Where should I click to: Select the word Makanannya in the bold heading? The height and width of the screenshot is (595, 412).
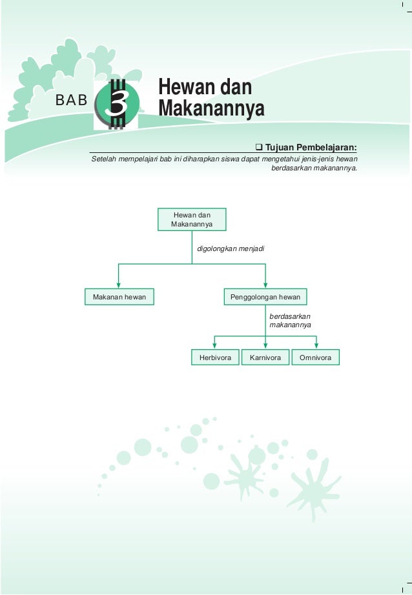[x=211, y=108]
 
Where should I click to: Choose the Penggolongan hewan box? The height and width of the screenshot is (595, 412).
[x=265, y=297]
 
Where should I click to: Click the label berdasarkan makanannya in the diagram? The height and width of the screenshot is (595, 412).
[x=290, y=321]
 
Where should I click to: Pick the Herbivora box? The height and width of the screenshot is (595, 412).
[x=215, y=358]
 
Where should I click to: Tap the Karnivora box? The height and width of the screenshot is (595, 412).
[x=265, y=358]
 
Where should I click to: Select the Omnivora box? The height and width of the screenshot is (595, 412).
[x=316, y=358]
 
